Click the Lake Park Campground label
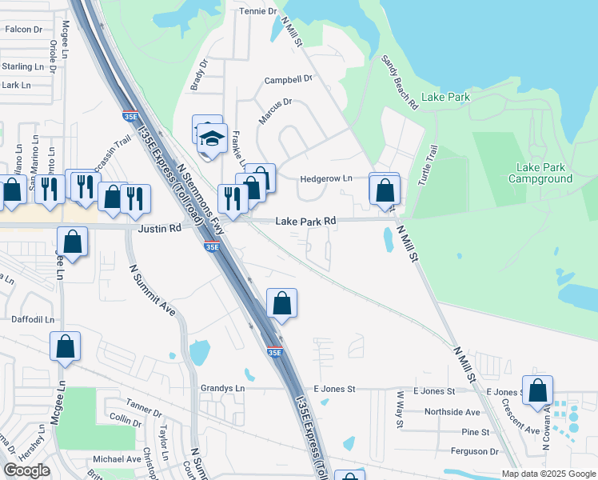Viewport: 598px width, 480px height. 544,173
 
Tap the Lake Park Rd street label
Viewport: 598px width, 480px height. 306,220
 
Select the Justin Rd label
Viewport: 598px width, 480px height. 159,228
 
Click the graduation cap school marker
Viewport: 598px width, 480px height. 213,139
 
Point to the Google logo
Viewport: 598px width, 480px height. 26,470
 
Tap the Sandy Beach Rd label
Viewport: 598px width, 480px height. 400,82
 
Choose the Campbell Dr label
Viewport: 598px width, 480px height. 289,80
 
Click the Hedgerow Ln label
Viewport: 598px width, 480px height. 326,178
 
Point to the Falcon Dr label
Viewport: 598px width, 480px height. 23,29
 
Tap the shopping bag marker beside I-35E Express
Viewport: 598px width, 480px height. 281,303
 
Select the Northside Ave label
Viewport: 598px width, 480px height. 452,411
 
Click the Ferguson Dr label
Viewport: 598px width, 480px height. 471,451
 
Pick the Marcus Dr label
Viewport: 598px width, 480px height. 276,111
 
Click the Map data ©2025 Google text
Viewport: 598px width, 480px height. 548,474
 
